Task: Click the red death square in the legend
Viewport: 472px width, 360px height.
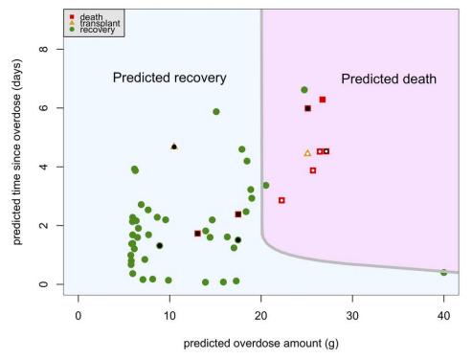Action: click(x=72, y=16)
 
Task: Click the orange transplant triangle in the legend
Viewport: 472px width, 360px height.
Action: click(x=72, y=23)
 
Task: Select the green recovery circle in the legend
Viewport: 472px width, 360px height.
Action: click(x=72, y=30)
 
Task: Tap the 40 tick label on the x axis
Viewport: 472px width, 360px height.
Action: click(x=443, y=316)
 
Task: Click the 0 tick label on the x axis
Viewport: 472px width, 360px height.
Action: click(x=79, y=316)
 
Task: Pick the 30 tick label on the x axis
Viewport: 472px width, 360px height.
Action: click(x=352, y=316)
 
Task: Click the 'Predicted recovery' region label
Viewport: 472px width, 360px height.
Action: click(x=169, y=78)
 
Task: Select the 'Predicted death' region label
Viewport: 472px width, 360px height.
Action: click(x=389, y=79)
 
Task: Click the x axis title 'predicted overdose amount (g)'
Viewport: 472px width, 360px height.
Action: click(x=260, y=344)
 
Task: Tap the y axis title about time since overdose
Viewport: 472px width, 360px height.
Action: click(x=17, y=152)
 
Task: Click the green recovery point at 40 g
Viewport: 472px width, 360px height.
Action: click(x=443, y=273)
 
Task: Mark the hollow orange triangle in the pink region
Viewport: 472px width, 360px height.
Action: click(x=307, y=153)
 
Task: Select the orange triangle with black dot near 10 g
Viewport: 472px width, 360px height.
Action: click(x=174, y=146)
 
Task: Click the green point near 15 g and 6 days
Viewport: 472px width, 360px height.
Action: click(x=216, y=112)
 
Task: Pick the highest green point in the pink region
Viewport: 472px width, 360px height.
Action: click(x=304, y=90)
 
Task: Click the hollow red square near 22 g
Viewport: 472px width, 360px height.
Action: click(x=281, y=200)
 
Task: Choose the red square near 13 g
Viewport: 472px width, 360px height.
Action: click(x=197, y=234)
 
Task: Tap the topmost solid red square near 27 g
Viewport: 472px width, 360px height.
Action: click(x=323, y=100)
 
